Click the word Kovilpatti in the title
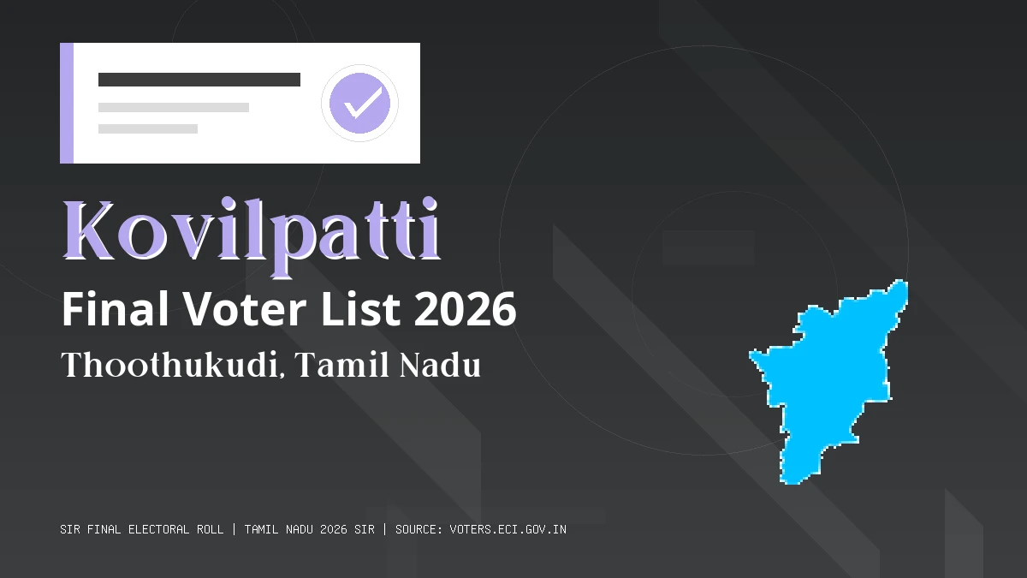click(x=252, y=232)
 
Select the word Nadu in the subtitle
click(x=440, y=366)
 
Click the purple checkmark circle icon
click(x=359, y=103)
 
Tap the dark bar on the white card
click(x=199, y=80)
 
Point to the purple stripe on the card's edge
click(x=67, y=103)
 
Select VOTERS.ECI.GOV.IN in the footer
click(x=508, y=529)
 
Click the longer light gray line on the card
click(x=174, y=108)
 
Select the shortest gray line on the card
click(x=148, y=128)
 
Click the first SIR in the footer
click(x=70, y=529)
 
